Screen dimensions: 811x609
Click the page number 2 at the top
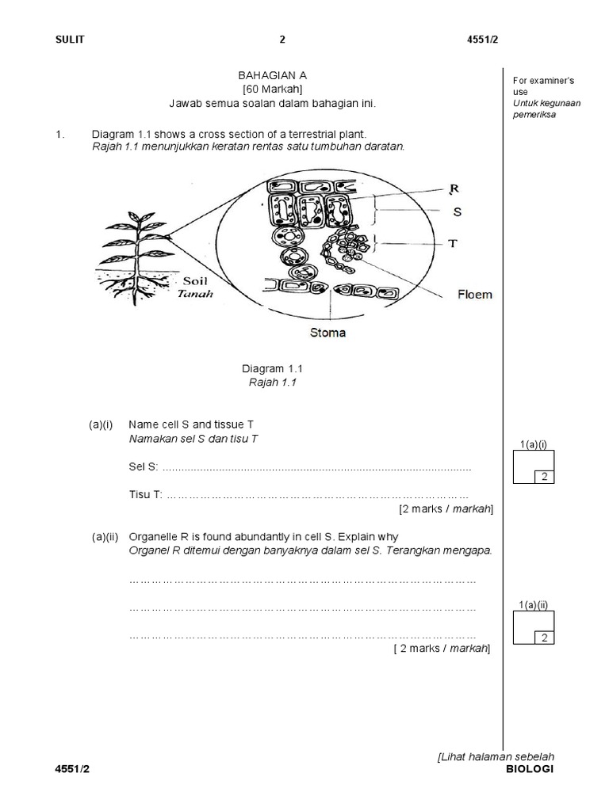click(x=282, y=40)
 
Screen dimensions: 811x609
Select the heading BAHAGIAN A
click(x=272, y=74)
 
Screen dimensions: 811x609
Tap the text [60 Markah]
click(x=272, y=89)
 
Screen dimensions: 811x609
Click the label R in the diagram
click(x=454, y=188)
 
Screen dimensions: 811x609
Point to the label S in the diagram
click(x=457, y=212)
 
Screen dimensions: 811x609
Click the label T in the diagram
click(x=453, y=244)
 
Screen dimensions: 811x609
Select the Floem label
click(x=474, y=294)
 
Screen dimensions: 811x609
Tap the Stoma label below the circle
click(x=327, y=333)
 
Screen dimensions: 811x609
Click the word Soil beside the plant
click(x=195, y=280)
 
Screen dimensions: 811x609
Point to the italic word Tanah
click(x=193, y=294)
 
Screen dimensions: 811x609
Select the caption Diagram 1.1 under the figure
click(x=272, y=368)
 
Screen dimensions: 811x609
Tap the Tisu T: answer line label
click(x=145, y=494)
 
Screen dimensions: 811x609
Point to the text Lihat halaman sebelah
click(x=496, y=757)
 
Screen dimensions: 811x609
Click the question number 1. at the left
click(x=60, y=134)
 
